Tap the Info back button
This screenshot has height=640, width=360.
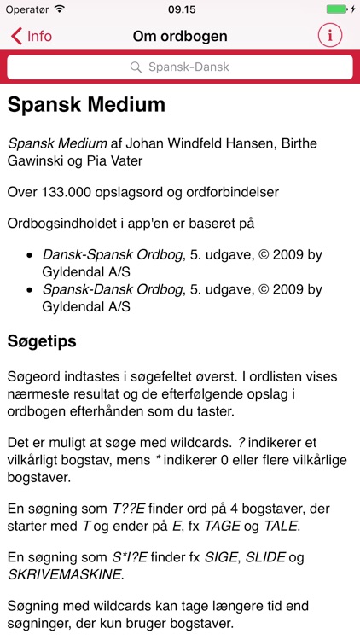[x=32, y=36]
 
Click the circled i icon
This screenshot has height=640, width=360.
[x=329, y=36]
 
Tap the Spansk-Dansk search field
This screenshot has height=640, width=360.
[x=180, y=67]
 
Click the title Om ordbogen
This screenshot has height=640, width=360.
[x=180, y=36]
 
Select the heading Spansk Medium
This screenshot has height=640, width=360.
[x=86, y=105]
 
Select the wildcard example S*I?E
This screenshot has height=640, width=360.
[x=130, y=557]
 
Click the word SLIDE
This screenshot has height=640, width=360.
[x=266, y=557]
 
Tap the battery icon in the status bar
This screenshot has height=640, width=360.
[x=336, y=9]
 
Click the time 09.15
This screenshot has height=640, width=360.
[x=180, y=9]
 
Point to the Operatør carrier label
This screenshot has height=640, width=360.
[x=26, y=9]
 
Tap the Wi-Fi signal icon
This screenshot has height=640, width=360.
[x=59, y=9]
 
